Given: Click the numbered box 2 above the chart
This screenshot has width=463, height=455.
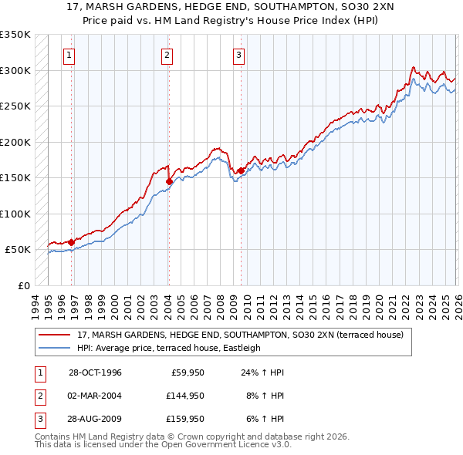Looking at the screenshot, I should point(167,55).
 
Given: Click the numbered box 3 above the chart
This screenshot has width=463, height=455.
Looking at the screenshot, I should point(238,55).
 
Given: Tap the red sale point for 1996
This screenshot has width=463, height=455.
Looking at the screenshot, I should point(71,242).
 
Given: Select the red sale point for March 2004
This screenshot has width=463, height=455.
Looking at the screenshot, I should point(168,182).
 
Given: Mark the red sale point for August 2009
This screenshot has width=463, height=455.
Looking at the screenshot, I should point(241,171).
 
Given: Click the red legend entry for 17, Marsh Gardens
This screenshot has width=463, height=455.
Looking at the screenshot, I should point(245,335).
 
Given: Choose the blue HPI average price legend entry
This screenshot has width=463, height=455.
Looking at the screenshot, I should point(169,348).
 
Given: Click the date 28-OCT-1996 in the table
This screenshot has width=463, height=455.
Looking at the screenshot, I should point(95,372).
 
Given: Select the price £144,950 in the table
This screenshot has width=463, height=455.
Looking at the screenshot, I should point(184,396).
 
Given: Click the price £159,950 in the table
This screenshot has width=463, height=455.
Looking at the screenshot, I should point(184,419).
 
